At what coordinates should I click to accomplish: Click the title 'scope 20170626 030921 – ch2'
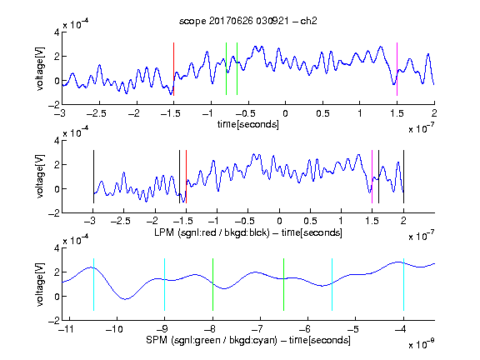point(248,21)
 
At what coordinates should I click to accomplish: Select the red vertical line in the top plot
point(173,69)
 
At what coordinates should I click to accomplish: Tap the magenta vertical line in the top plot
point(397,69)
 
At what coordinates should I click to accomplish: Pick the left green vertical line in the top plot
point(226,69)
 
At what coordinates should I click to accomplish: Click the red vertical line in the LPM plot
point(186,177)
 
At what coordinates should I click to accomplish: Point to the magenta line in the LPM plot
point(372,177)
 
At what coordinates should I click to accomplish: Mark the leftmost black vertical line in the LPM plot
point(93,177)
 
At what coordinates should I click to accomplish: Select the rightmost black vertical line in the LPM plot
point(403,177)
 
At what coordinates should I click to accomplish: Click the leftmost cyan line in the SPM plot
point(93,285)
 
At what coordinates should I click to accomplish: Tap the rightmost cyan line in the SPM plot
point(403,285)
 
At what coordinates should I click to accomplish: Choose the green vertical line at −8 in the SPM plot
point(212,285)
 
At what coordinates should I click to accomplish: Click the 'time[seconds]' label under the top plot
point(248,124)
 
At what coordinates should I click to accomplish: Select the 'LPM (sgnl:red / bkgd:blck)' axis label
point(212,232)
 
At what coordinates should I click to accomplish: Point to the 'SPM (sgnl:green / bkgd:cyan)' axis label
point(212,340)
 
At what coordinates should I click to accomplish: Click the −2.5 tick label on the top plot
point(96,113)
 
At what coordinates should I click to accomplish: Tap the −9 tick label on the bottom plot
point(162,329)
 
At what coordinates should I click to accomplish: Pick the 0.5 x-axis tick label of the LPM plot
point(310,221)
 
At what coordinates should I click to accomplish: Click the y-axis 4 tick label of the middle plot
point(57,141)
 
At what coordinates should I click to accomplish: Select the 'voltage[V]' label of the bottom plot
point(40,284)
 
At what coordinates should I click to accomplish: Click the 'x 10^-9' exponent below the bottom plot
point(422,343)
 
